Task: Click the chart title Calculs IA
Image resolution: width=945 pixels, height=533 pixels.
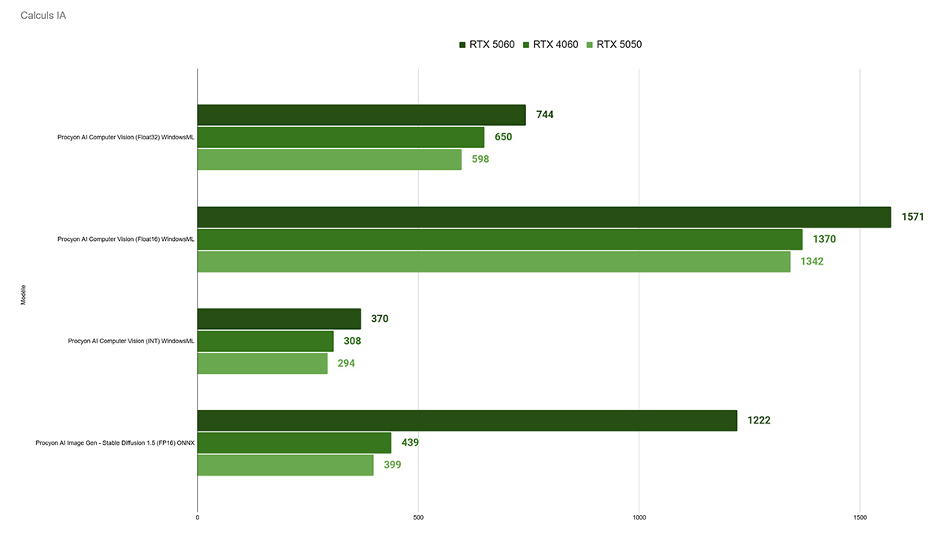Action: (x=43, y=16)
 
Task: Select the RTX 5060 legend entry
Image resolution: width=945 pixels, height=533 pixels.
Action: (x=486, y=45)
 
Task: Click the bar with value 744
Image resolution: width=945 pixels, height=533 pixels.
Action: (x=361, y=115)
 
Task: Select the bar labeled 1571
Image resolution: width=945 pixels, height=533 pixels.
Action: (x=543, y=217)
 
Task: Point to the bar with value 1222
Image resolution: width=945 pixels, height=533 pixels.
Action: (x=467, y=420)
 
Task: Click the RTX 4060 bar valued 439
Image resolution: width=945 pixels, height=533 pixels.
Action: (x=294, y=442)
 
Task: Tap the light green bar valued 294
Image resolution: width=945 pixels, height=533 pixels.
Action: (x=262, y=364)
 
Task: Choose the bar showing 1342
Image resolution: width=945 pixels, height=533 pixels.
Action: (x=494, y=261)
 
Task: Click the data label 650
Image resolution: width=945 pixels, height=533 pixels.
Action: (x=503, y=137)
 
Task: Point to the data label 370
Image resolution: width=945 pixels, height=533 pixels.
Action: (x=380, y=319)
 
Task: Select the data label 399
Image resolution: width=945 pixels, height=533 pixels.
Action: (x=392, y=465)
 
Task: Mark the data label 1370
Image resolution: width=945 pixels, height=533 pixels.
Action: (x=824, y=239)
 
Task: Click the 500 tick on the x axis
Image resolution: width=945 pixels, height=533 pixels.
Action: (x=418, y=517)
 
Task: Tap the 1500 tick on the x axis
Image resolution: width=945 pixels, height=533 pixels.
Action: (x=860, y=517)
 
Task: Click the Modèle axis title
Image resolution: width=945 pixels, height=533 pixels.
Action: (x=22, y=295)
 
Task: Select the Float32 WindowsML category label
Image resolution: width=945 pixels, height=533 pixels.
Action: (x=125, y=138)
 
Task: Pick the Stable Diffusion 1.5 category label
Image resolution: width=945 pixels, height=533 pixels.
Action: (x=115, y=443)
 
